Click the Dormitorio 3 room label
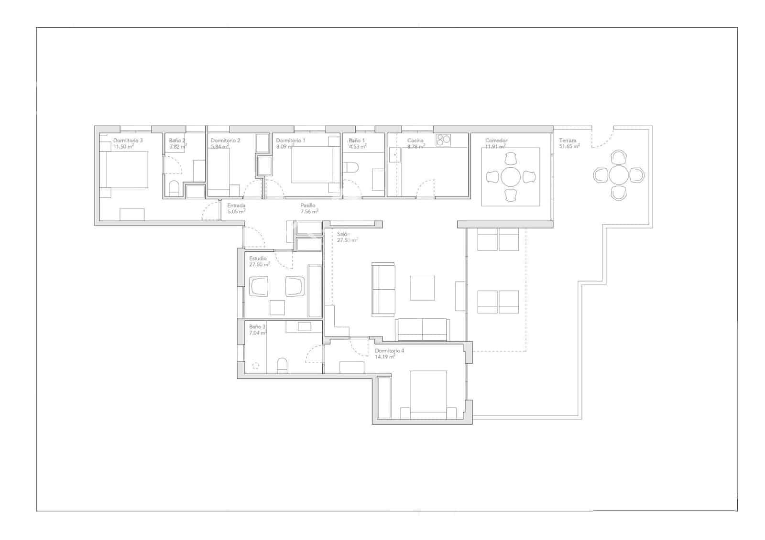pyautogui.click(x=128, y=140)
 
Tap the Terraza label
pyautogui.click(x=568, y=141)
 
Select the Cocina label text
pyautogui.click(x=415, y=140)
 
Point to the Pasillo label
pyautogui.click(x=308, y=205)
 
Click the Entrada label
pyautogui.click(x=236, y=205)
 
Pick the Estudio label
pyautogui.click(x=258, y=259)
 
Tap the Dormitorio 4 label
pyautogui.click(x=389, y=351)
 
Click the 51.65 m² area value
pyautogui.click(x=569, y=147)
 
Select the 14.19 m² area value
pyautogui.click(x=385, y=357)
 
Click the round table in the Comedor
pyautogui.click(x=511, y=177)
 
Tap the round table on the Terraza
pyautogui.click(x=619, y=175)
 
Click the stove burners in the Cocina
pyautogui.click(x=443, y=140)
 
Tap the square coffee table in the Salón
pyautogui.click(x=422, y=288)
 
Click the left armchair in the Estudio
pyautogui.click(x=259, y=286)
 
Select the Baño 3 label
pyautogui.click(x=257, y=327)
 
